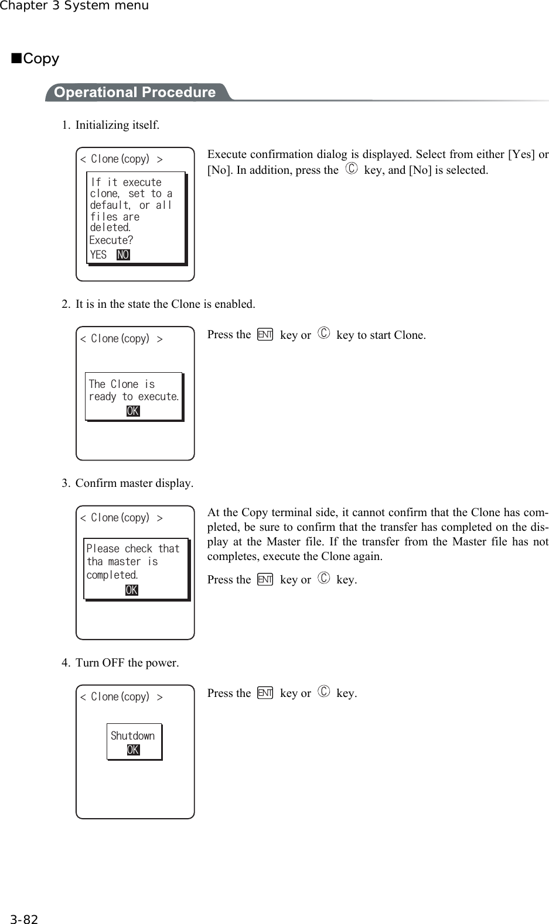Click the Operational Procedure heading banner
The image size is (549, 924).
135,92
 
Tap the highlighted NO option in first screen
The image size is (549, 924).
123,255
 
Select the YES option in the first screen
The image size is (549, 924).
98,255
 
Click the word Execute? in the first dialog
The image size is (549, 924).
111,240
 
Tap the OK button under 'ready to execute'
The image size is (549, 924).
133,411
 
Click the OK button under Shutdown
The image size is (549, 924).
133,750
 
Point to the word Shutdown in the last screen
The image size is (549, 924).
133,736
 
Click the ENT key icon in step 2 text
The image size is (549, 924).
265,335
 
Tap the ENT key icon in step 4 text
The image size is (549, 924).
265,693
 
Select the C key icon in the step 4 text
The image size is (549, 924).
324,693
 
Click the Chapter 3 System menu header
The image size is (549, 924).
74,6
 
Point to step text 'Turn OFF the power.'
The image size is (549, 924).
127,662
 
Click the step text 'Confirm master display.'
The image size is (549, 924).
134,483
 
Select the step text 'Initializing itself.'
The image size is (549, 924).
117,125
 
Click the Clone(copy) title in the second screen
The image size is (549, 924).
121,339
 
